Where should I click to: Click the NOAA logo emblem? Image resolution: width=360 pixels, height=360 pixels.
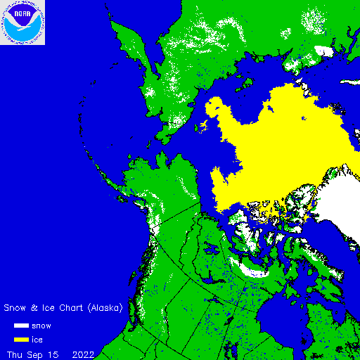tap(22, 22)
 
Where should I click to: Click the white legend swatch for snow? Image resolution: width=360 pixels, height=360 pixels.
tap(22, 326)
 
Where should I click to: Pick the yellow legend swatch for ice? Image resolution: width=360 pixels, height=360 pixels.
tap(22, 340)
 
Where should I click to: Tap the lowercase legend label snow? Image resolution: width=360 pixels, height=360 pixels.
tap(41, 326)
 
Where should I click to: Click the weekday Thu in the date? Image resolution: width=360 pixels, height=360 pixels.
tap(15, 354)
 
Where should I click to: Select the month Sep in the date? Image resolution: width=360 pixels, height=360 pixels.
tap(35, 354)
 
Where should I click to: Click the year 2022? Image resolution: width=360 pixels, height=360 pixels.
tap(84, 354)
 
